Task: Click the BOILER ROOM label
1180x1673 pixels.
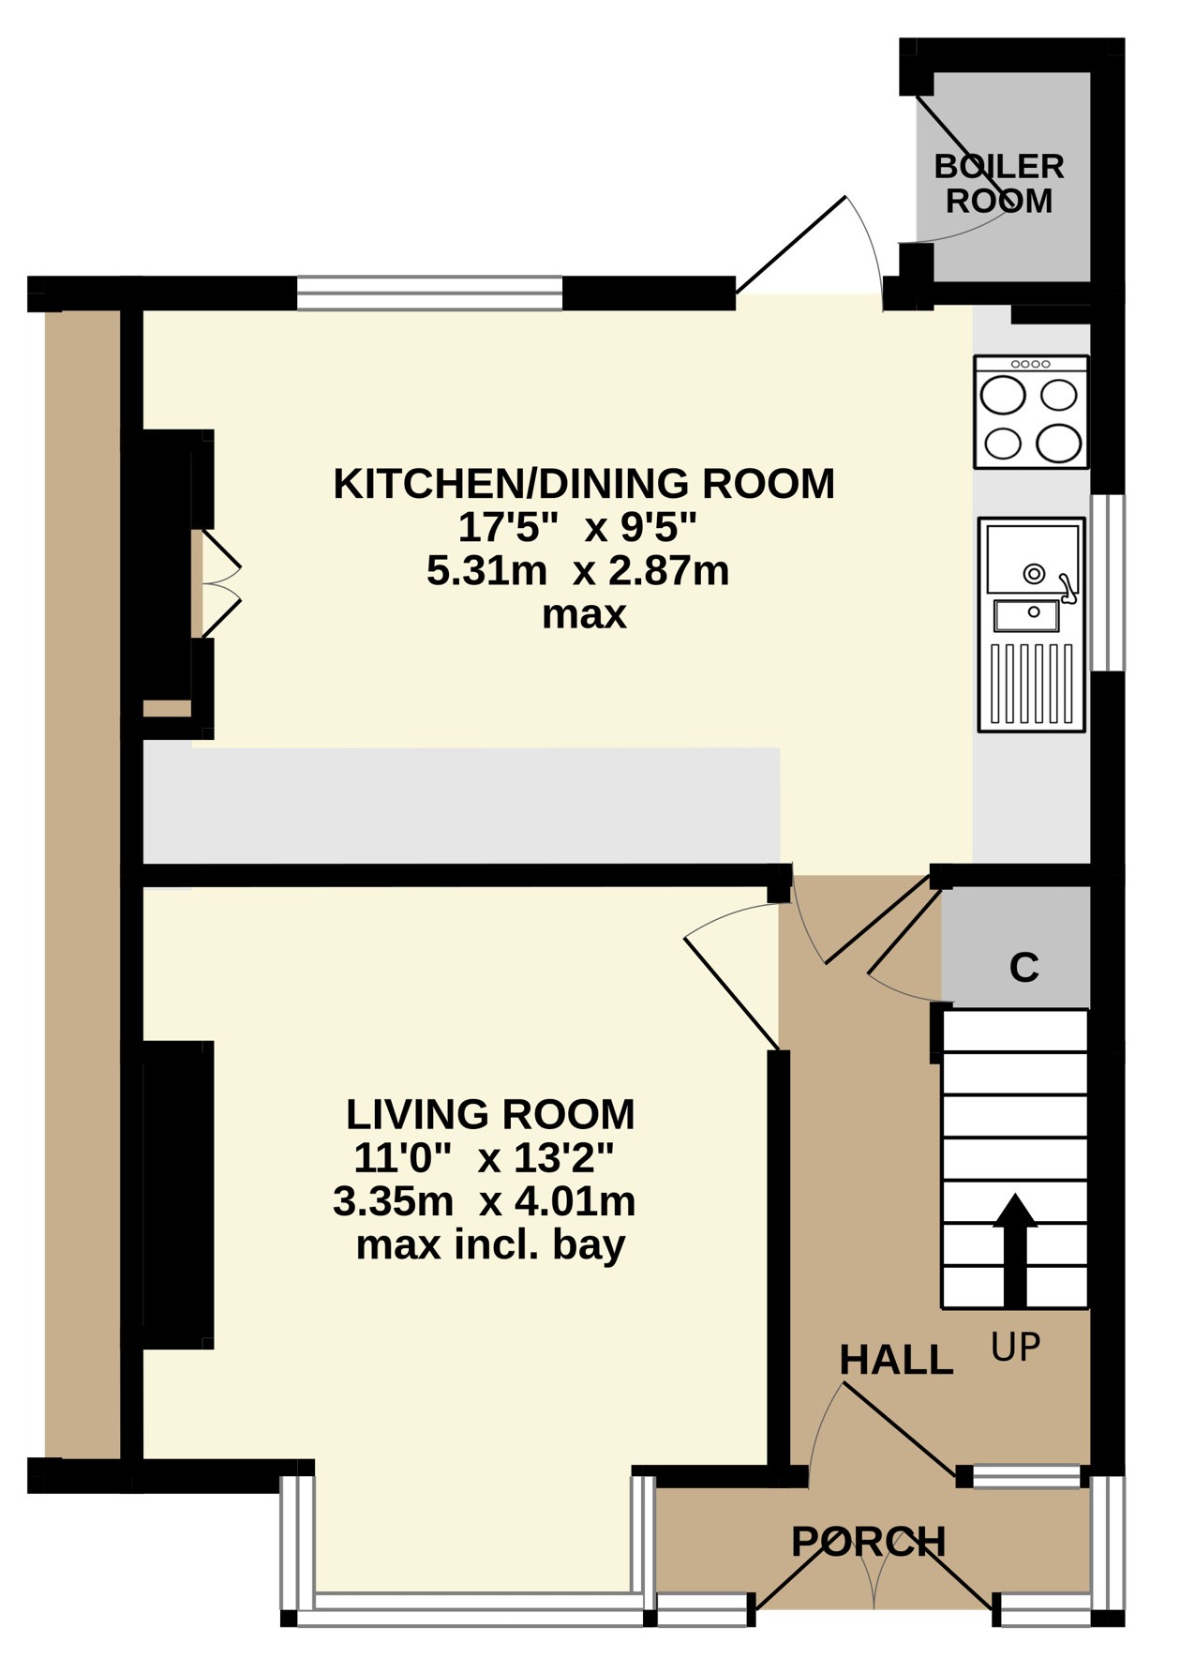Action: pyautogui.click(x=999, y=184)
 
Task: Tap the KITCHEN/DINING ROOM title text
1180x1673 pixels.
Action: pyautogui.click(x=584, y=484)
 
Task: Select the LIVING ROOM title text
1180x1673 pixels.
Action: pyautogui.click(x=490, y=1114)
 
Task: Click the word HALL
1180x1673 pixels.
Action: pyautogui.click(x=896, y=1360)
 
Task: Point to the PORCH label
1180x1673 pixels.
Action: pyautogui.click(x=869, y=1542)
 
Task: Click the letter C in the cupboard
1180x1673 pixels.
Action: pyautogui.click(x=1024, y=967)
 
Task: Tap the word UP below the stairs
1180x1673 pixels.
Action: pyautogui.click(x=1016, y=1348)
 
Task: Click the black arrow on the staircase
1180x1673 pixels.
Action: pyautogui.click(x=1015, y=1250)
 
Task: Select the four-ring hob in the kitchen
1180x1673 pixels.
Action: pyautogui.click(x=1031, y=412)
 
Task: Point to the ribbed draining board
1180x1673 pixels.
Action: pyautogui.click(x=1031, y=684)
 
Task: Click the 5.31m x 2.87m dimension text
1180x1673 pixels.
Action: pyautogui.click(x=577, y=570)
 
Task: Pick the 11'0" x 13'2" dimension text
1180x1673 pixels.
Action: pyautogui.click(x=483, y=1159)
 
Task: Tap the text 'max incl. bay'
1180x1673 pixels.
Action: pyautogui.click(x=490, y=1245)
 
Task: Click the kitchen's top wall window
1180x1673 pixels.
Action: pyautogui.click(x=430, y=293)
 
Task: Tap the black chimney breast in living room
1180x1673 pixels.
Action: pyautogui.click(x=178, y=1195)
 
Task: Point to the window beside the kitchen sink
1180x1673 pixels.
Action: pyautogui.click(x=1108, y=582)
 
